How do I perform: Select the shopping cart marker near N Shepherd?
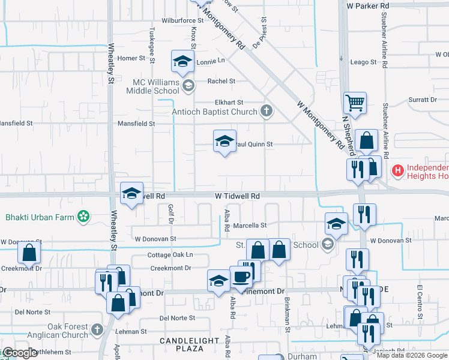[x=355, y=103]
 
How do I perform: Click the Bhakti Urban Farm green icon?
[x=84, y=216]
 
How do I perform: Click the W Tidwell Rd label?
[x=238, y=196]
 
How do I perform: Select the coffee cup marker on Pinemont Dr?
[x=241, y=277]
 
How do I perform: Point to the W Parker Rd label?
[x=368, y=5]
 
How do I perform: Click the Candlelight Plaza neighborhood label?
[x=189, y=344]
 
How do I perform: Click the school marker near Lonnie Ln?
[x=183, y=61]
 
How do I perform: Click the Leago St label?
[x=363, y=62]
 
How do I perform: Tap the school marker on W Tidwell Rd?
[x=131, y=193]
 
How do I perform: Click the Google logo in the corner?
[x=20, y=353]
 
